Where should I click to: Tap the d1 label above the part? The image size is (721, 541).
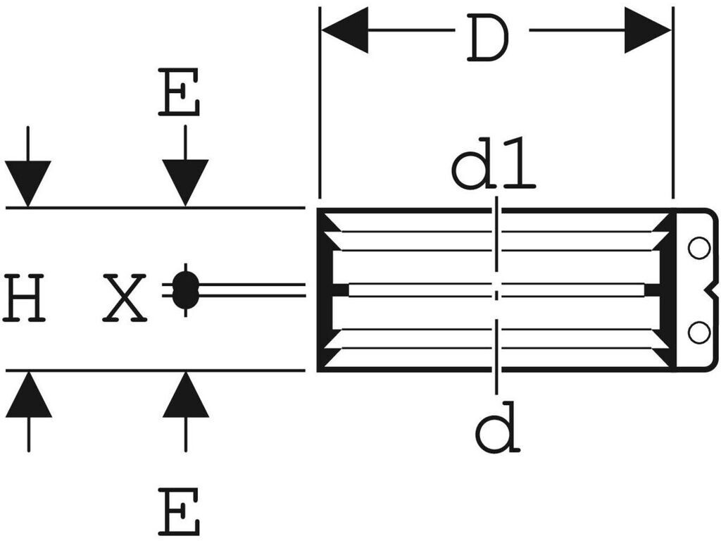pyautogui.click(x=494, y=163)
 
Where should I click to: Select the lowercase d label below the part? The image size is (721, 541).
pyautogui.click(x=498, y=427)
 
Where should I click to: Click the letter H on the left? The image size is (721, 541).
pyautogui.click(x=23, y=297)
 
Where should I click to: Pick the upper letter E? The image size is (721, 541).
pyautogui.click(x=179, y=92)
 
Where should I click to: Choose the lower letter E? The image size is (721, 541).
pyautogui.click(x=179, y=511)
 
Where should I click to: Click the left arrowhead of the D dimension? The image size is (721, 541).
pyautogui.click(x=344, y=30)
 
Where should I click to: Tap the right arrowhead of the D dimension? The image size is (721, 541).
pyautogui.click(x=648, y=30)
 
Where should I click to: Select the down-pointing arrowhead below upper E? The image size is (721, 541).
pyautogui.click(x=185, y=183)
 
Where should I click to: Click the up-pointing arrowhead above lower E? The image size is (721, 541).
pyautogui.click(x=186, y=394)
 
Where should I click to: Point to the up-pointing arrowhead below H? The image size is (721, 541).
pyautogui.click(x=28, y=394)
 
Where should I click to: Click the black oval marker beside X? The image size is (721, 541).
pyautogui.click(x=185, y=290)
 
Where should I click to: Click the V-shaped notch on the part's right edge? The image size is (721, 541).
pyautogui.click(x=710, y=290)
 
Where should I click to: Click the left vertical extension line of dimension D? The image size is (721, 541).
pyautogui.click(x=320, y=102)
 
